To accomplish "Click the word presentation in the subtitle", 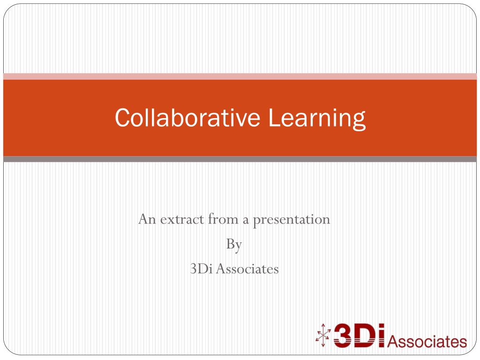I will (292, 220).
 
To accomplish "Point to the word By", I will (233, 245).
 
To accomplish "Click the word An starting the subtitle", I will (146, 219).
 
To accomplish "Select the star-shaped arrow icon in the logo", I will (323, 336).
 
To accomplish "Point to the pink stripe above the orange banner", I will (240, 76).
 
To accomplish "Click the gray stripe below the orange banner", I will (240, 159).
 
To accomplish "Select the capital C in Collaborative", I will (121, 117).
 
